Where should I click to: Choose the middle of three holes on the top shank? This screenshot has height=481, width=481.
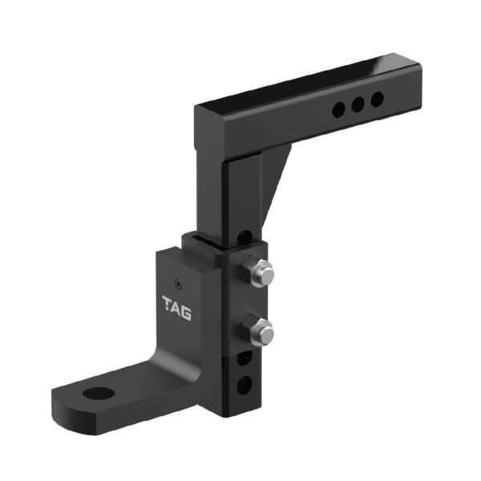(358, 103)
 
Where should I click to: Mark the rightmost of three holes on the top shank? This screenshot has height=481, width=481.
(376, 99)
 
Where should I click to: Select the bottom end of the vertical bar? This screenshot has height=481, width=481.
(236, 421)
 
